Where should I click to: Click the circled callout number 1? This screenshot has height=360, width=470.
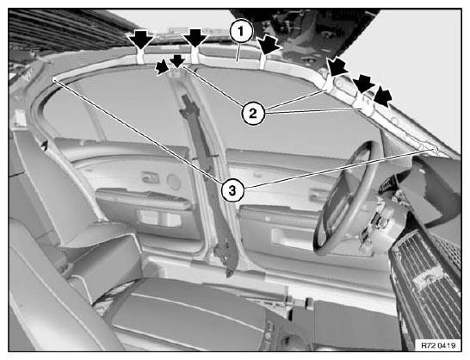[x=242, y=32]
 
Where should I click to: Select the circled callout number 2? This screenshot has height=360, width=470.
[x=253, y=114]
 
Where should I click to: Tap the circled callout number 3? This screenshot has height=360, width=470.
[x=232, y=190]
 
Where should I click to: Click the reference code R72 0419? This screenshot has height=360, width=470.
[x=438, y=345]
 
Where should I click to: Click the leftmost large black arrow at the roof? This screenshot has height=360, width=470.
[x=141, y=39]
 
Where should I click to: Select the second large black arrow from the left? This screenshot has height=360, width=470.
[x=195, y=38]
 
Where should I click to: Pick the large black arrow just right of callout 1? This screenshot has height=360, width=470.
[x=269, y=44]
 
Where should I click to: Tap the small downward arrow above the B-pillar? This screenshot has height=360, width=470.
[x=177, y=61]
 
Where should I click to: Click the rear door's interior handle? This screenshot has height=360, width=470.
[x=150, y=177]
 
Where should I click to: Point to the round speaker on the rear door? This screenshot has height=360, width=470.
[x=174, y=182]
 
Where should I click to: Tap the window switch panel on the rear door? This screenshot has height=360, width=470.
[x=159, y=219]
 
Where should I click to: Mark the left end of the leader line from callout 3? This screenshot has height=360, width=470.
[x=54, y=80]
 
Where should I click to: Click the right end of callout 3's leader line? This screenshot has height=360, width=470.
[x=436, y=149]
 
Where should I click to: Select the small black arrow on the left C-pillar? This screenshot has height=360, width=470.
[x=45, y=146]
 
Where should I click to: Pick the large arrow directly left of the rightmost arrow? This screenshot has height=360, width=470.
[x=363, y=84]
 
